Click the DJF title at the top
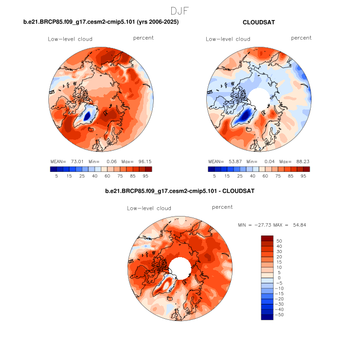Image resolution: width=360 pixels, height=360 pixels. pyautogui.click(x=179, y=10)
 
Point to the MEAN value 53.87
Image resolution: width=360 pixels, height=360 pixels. pyautogui.click(x=235, y=161)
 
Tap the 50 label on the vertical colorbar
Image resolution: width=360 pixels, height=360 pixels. pyautogui.click(x=280, y=240)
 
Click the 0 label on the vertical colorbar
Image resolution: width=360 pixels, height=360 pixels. pyautogui.click(x=278, y=277)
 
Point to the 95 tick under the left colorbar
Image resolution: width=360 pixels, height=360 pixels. pyautogui.click(x=146, y=175)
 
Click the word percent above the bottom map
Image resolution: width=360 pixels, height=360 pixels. pyautogui.click(x=222, y=207)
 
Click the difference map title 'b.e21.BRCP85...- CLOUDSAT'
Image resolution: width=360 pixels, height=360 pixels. pyautogui.click(x=179, y=191)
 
